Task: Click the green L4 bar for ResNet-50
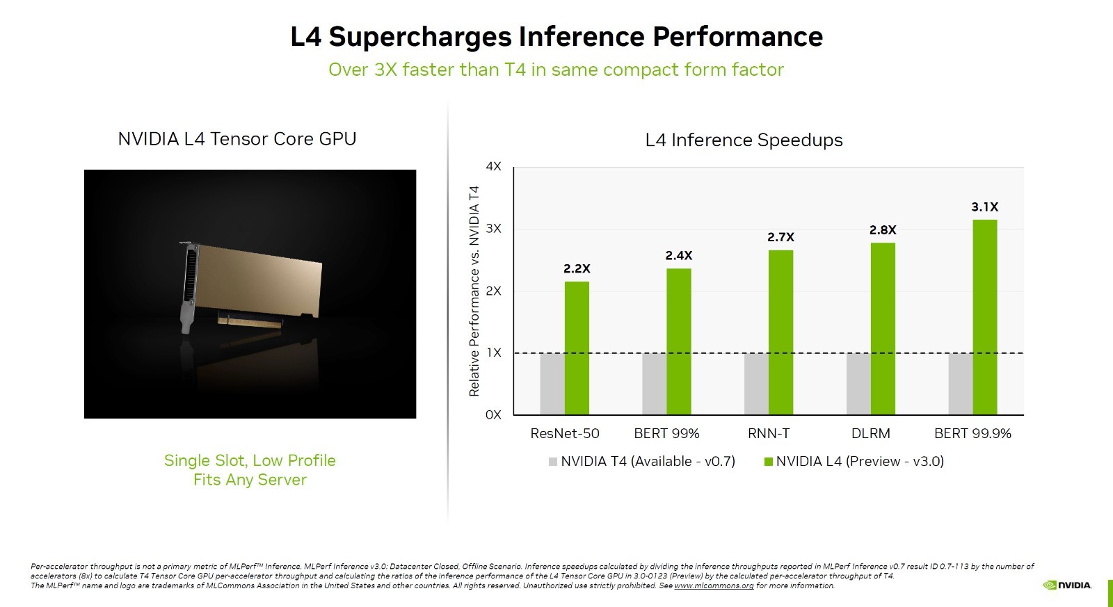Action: click(577, 348)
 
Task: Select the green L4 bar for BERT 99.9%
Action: click(984, 317)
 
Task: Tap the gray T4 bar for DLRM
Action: click(858, 384)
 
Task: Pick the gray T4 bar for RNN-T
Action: click(756, 384)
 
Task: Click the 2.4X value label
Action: click(678, 256)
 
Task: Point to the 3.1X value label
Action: click(984, 207)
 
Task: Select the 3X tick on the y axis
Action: click(493, 229)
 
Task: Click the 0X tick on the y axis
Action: click(493, 415)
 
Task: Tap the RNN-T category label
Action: click(769, 434)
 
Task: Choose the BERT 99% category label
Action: click(666, 434)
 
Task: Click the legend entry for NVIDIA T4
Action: click(641, 462)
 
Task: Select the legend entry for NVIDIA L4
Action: click(854, 462)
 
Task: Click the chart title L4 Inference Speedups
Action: click(744, 140)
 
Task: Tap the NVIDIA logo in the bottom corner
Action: click(1067, 585)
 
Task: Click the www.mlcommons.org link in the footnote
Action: click(714, 586)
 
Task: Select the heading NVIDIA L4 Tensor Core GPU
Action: click(237, 139)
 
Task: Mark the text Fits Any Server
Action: click(250, 480)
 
